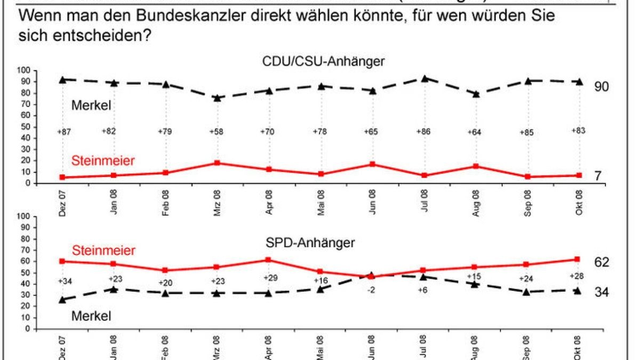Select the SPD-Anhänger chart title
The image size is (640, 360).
coord(310,243)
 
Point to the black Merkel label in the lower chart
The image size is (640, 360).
coord(91,316)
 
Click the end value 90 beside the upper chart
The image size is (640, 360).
coord(602,86)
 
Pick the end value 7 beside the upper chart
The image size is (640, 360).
coord(598,175)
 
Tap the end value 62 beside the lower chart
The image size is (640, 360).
coord(602,262)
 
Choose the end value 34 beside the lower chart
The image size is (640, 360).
coord(602,292)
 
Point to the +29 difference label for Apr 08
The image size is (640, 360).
coord(269,278)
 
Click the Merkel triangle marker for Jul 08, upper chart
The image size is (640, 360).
coord(425,78)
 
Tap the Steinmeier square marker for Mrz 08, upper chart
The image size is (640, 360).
coord(217,163)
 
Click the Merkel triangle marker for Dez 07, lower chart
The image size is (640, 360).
coord(62,300)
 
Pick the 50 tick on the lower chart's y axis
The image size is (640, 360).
coord(27,273)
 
